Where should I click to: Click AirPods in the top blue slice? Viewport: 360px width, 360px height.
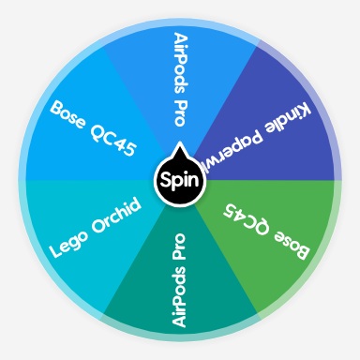click(181, 59)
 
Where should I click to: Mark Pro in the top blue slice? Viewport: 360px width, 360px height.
click(181, 111)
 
